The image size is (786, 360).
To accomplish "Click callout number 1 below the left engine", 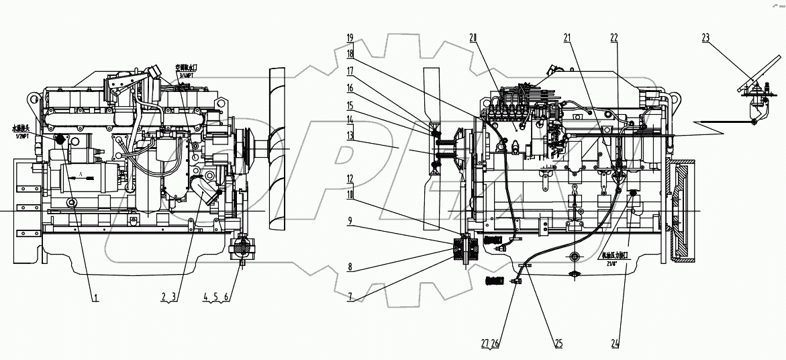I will point(96,296).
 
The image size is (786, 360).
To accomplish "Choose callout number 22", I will point(613,38).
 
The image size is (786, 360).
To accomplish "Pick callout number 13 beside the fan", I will point(350,135).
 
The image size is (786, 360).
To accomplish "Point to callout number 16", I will point(350,88).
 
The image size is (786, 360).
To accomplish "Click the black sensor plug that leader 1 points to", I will point(58,140).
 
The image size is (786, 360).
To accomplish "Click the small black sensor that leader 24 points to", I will point(632,195).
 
